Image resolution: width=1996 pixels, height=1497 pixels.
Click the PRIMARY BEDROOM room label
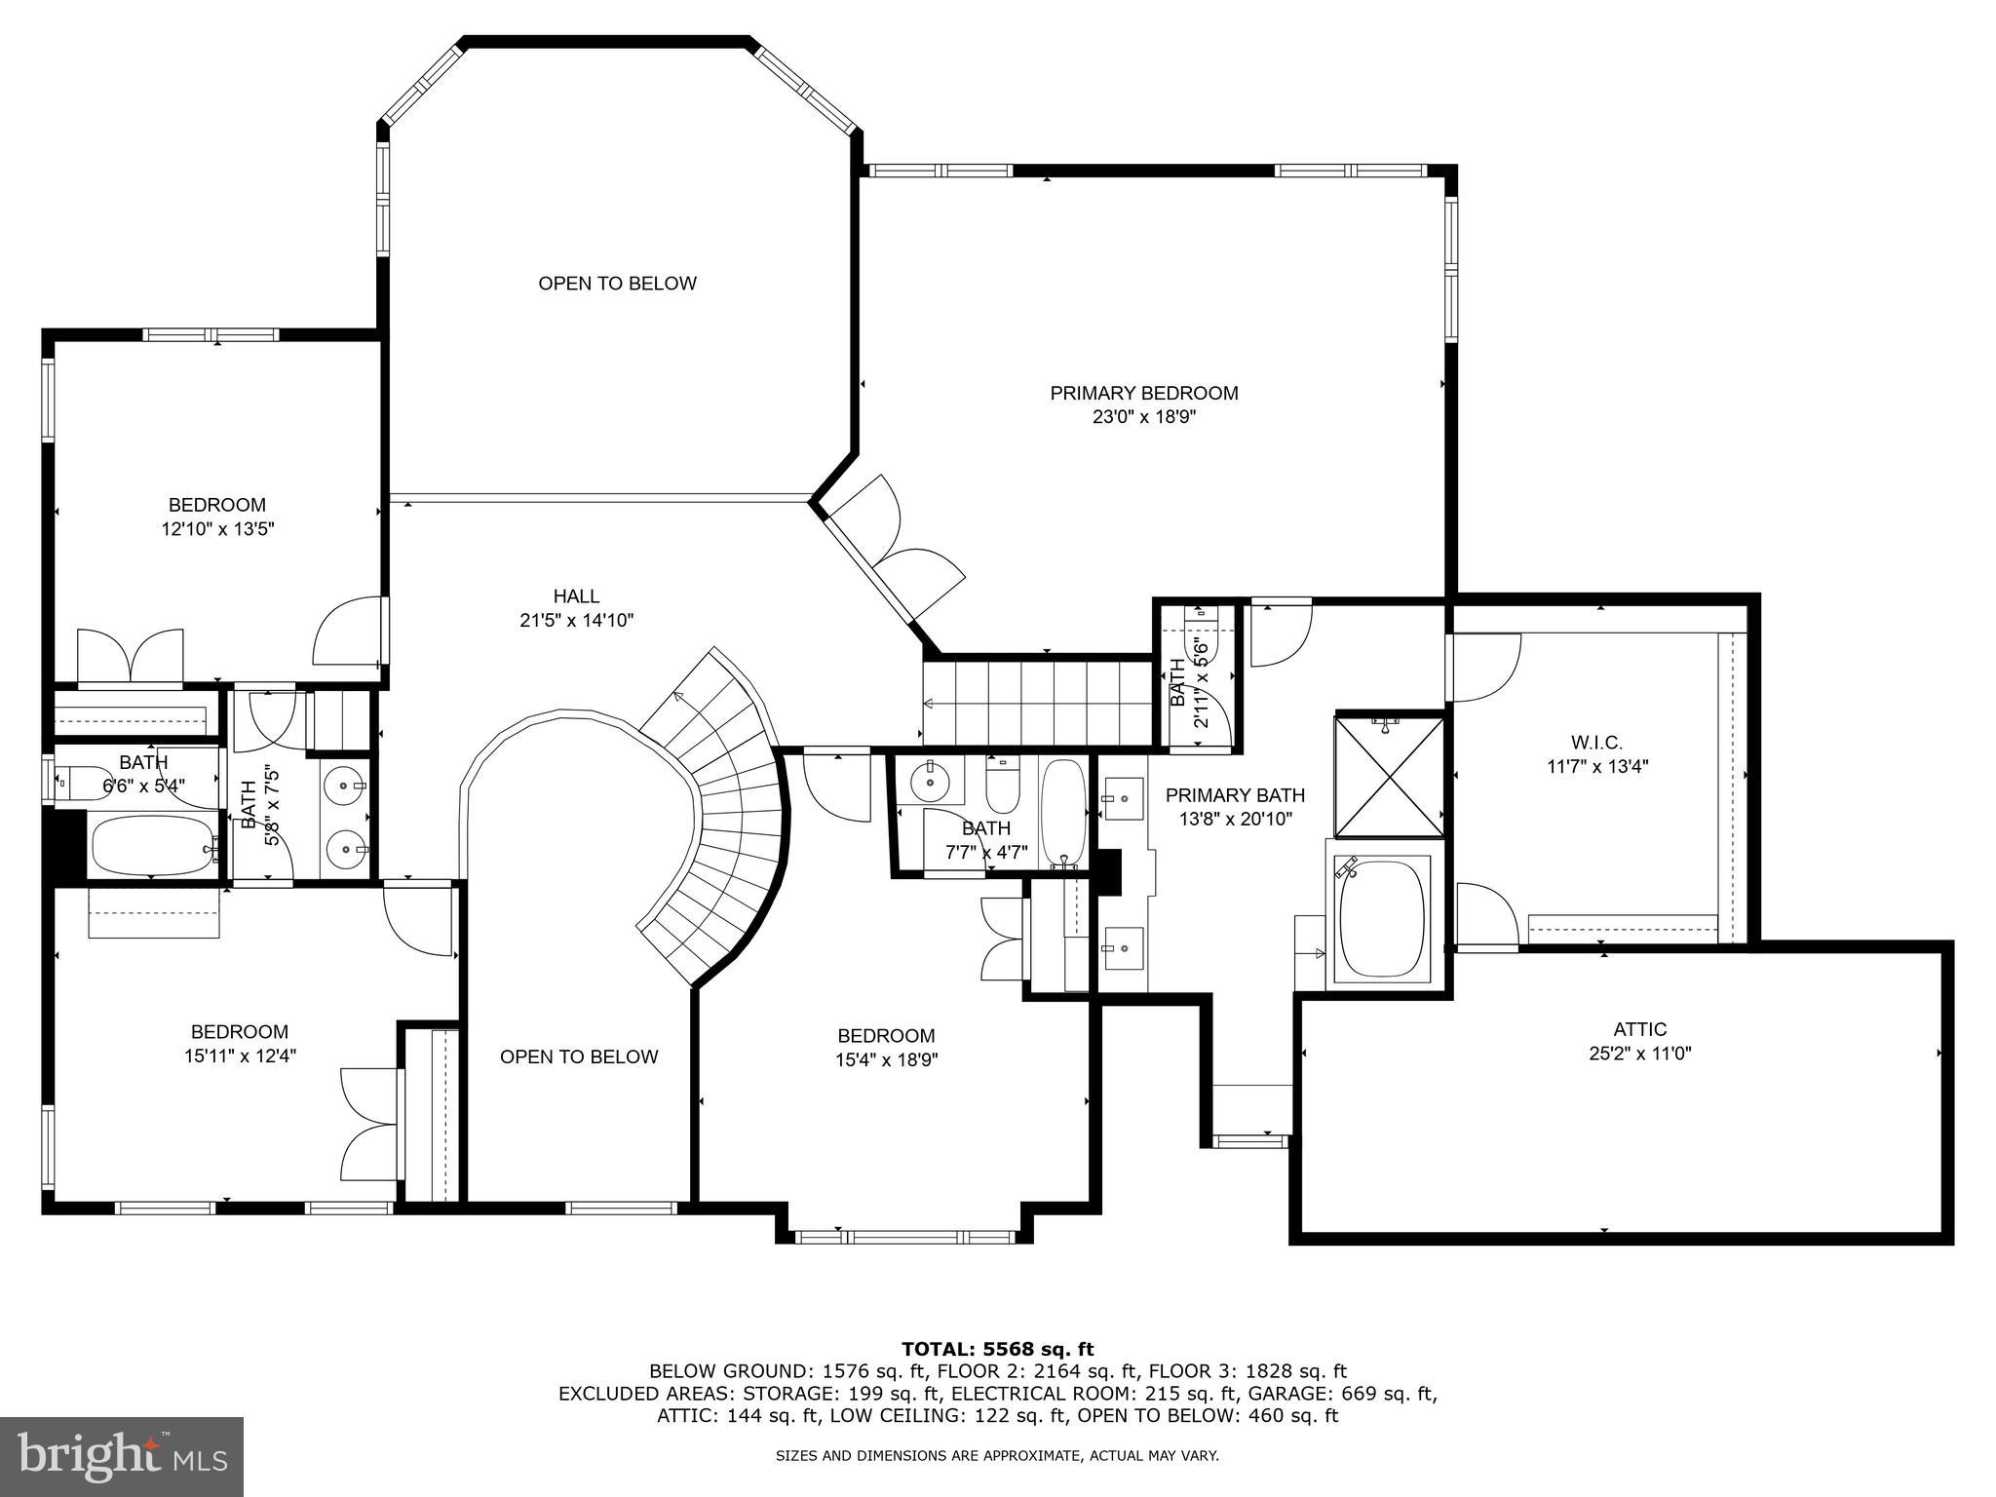(1143, 393)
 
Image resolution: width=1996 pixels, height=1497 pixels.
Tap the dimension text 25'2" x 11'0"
(1639, 1053)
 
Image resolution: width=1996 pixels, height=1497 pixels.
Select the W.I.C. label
(1596, 743)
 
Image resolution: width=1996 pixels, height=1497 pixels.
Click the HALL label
(576, 595)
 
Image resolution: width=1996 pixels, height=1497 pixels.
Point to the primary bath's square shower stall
(1388, 777)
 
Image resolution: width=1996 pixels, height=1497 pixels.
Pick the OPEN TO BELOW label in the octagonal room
(617, 284)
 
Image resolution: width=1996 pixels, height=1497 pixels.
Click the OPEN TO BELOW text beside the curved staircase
(579, 1056)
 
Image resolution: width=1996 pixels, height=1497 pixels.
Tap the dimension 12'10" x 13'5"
(217, 529)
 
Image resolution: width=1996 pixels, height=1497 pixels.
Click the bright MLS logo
(122, 1456)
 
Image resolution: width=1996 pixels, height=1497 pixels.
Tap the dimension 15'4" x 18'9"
(886, 1059)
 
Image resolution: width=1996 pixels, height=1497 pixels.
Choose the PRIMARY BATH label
(1235, 795)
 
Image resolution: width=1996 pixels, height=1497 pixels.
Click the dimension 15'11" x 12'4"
(239, 1056)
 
